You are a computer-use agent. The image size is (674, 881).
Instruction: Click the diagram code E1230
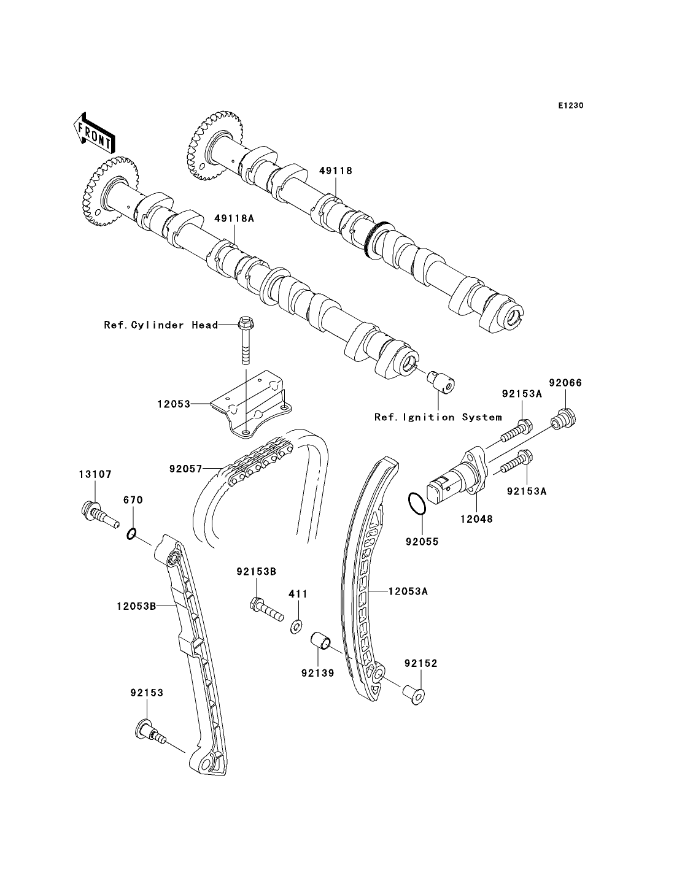click(570, 106)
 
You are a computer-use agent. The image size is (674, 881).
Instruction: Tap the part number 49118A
click(234, 218)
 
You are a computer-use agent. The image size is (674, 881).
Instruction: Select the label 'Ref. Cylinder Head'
click(161, 325)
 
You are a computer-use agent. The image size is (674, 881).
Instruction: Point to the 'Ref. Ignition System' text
click(438, 417)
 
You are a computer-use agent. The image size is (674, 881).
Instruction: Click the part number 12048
click(476, 518)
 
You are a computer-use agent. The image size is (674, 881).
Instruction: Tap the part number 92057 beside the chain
click(186, 469)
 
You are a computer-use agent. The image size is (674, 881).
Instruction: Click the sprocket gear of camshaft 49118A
click(109, 191)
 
